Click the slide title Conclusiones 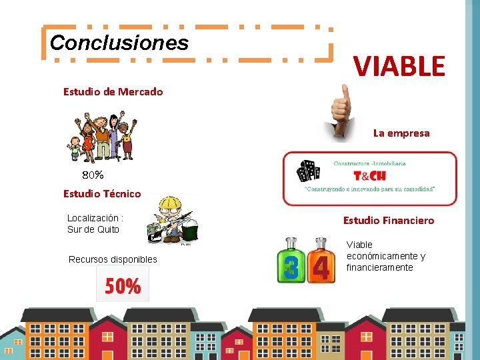click(x=119, y=43)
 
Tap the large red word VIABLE click(x=399, y=66)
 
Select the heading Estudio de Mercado click(x=113, y=91)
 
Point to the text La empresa click(x=401, y=133)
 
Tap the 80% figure click(x=93, y=175)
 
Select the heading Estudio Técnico click(x=102, y=193)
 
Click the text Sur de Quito click(x=93, y=229)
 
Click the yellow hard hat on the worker click(x=171, y=203)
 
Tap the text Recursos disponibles click(x=113, y=259)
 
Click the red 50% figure click(x=123, y=286)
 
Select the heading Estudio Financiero click(x=388, y=220)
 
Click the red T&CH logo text click(x=369, y=176)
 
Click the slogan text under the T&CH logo click(x=369, y=189)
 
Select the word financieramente click(x=379, y=267)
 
